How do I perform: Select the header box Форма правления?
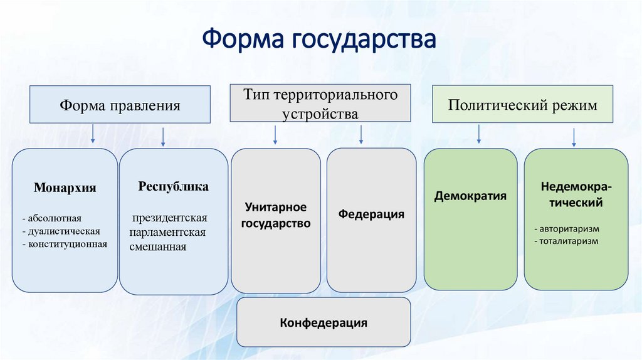(x=120, y=105)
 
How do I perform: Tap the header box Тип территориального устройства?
(x=320, y=103)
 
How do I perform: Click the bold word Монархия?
(x=65, y=188)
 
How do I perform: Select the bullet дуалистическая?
(x=61, y=231)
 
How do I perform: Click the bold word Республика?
(x=174, y=187)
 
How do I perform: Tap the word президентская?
(x=169, y=218)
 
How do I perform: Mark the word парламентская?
(x=168, y=232)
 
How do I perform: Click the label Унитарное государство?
(x=276, y=214)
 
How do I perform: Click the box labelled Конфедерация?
(x=324, y=324)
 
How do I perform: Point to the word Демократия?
(x=470, y=196)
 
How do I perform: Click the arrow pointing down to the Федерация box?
(x=361, y=135)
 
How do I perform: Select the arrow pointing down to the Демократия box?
(x=479, y=134)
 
